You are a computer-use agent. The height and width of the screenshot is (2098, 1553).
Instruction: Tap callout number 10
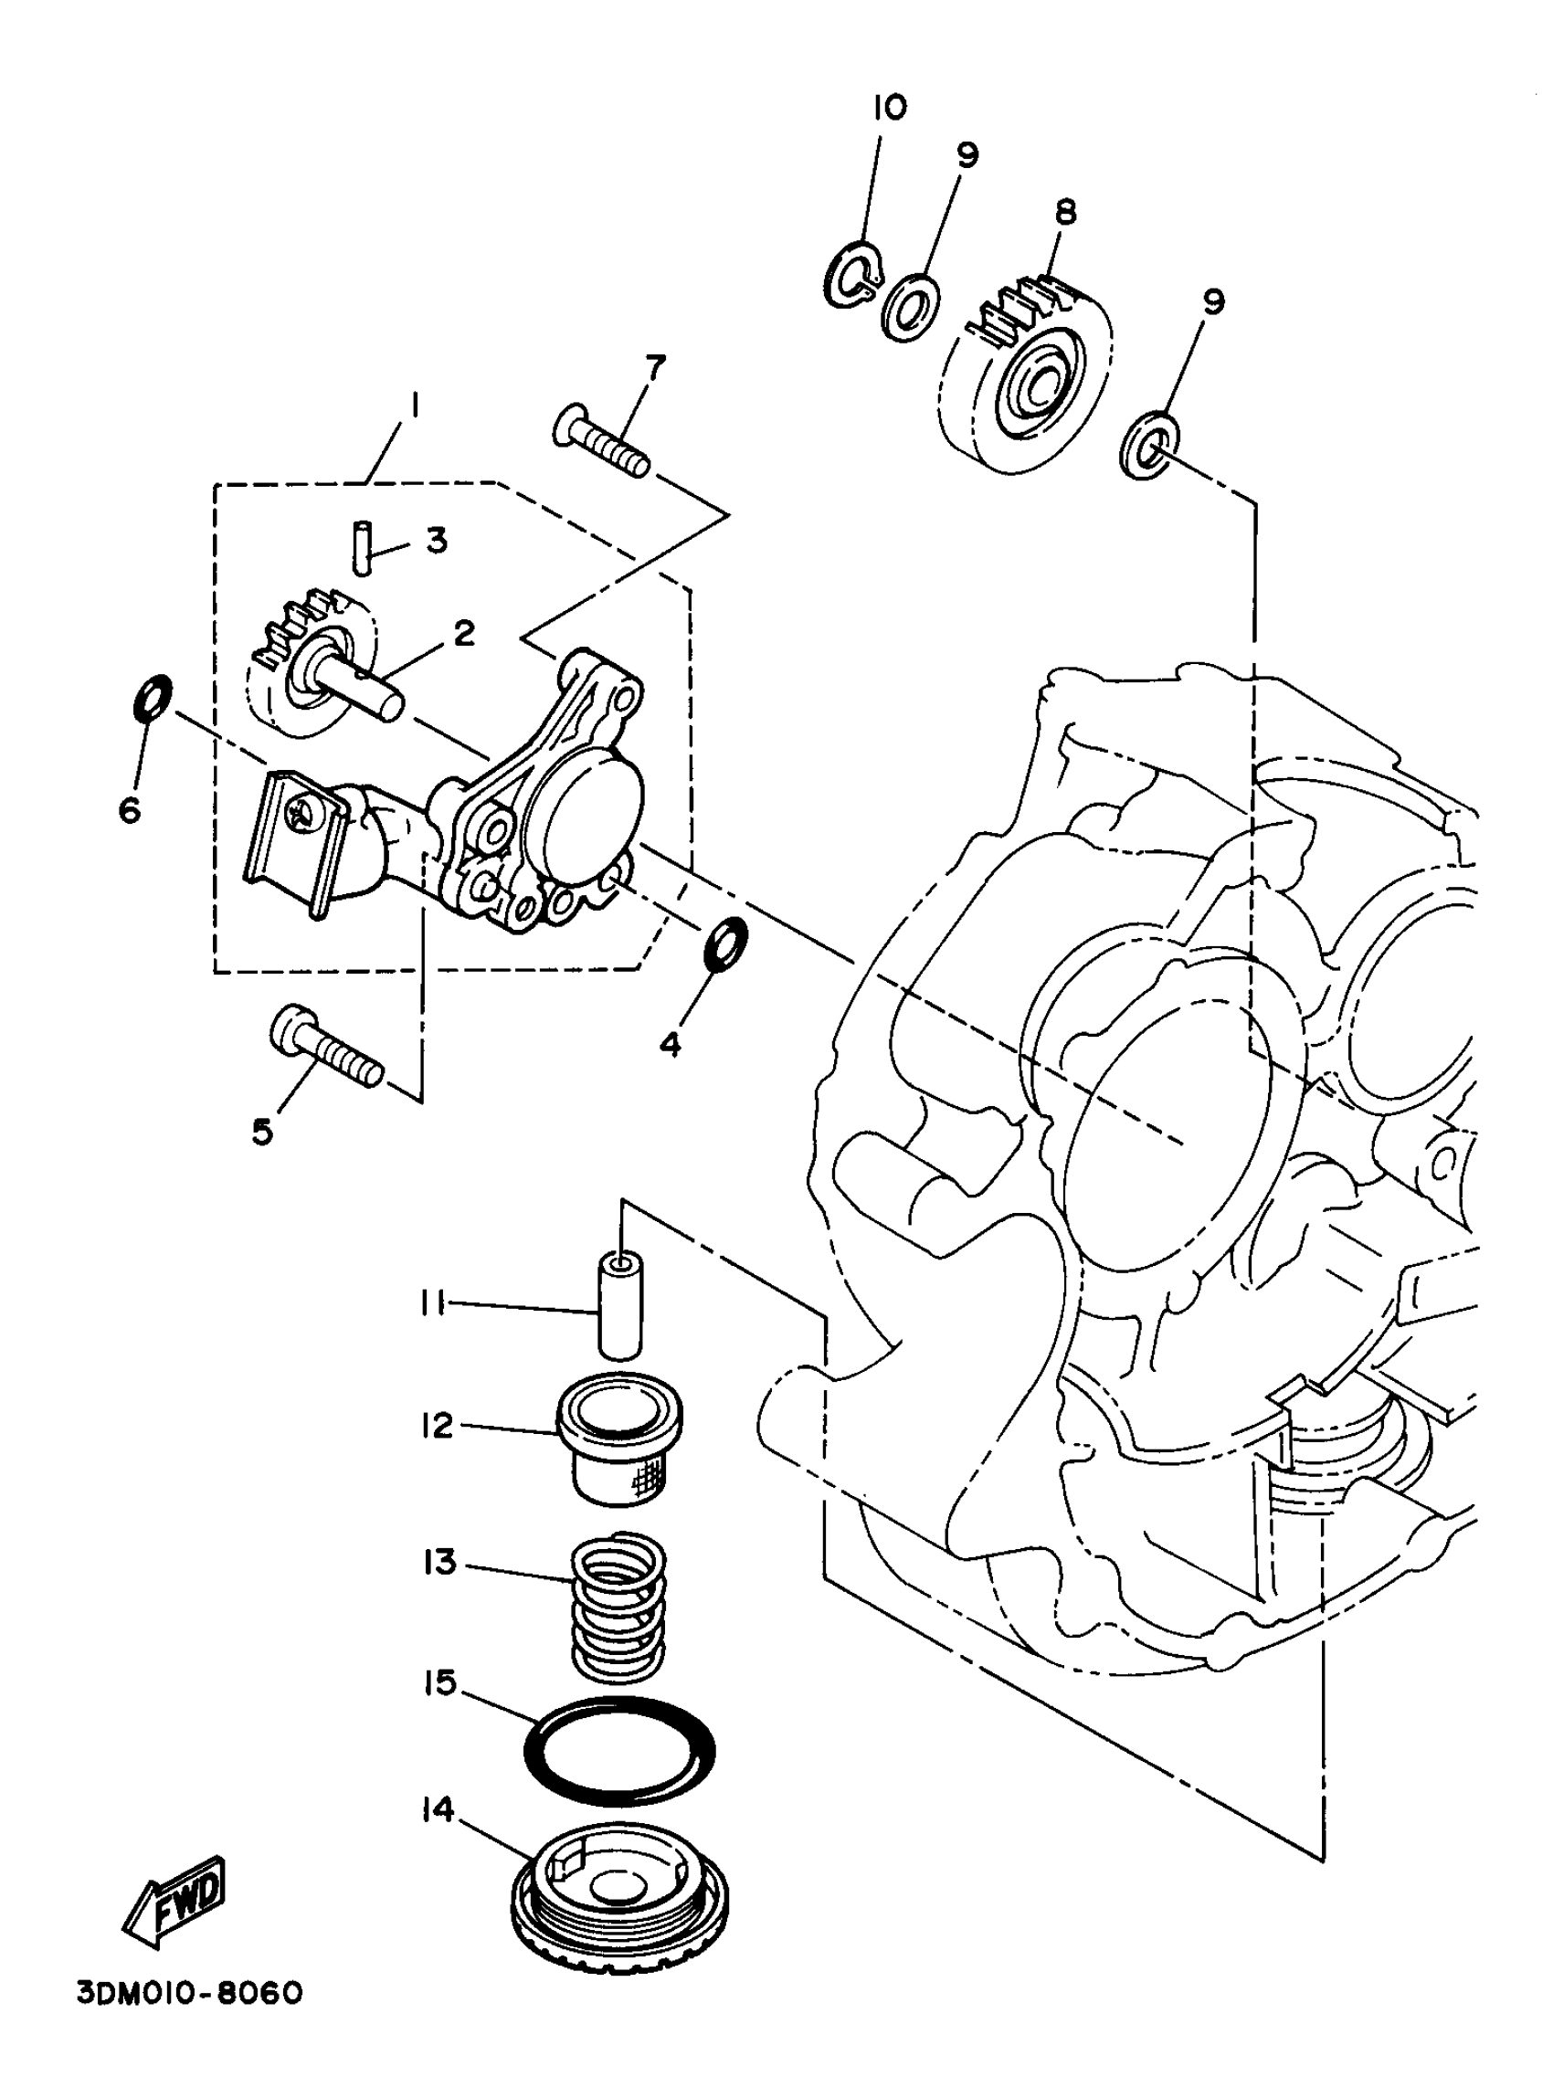(x=888, y=107)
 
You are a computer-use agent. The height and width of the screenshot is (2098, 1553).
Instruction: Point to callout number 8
(x=1064, y=213)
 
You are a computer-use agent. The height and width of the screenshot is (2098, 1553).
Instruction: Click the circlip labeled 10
(x=854, y=275)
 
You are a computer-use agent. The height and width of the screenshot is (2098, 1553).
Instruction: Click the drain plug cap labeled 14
(x=620, y=1890)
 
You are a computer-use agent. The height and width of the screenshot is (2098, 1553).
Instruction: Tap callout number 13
(x=439, y=1563)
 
